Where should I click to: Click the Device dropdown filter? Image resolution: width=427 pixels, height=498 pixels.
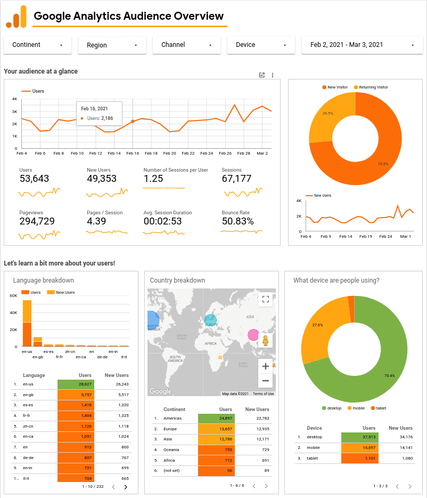pyautogui.click(x=261, y=45)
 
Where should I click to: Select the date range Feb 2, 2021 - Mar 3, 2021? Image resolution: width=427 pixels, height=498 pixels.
pyautogui.click(x=358, y=45)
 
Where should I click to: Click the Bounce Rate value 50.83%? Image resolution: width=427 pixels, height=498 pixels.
pyautogui.click(x=237, y=221)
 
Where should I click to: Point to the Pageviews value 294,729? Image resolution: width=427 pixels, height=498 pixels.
pyautogui.click(x=37, y=221)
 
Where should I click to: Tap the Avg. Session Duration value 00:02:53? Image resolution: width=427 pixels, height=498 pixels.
pyautogui.click(x=162, y=221)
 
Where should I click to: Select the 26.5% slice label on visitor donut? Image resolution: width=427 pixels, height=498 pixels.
pyautogui.click(x=327, y=113)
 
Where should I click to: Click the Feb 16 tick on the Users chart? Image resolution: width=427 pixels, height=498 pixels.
pyautogui.click(x=133, y=153)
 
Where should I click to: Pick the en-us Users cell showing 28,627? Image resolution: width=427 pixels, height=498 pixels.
pyautogui.click(x=76, y=384)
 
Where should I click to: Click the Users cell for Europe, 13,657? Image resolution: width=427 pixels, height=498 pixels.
pyautogui.click(x=216, y=429)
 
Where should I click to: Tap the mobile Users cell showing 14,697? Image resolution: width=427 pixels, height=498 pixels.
pyautogui.click(x=359, y=448)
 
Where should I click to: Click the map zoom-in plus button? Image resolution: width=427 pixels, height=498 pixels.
pyautogui.click(x=265, y=366)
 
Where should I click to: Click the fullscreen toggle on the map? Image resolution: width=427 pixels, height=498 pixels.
pyautogui.click(x=265, y=299)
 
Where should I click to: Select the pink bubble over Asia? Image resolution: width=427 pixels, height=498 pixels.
pyautogui.click(x=253, y=335)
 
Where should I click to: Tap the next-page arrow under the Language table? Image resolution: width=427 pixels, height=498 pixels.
pyautogui.click(x=126, y=487)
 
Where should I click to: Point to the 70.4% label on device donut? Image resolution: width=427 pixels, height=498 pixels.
pyautogui.click(x=389, y=375)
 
